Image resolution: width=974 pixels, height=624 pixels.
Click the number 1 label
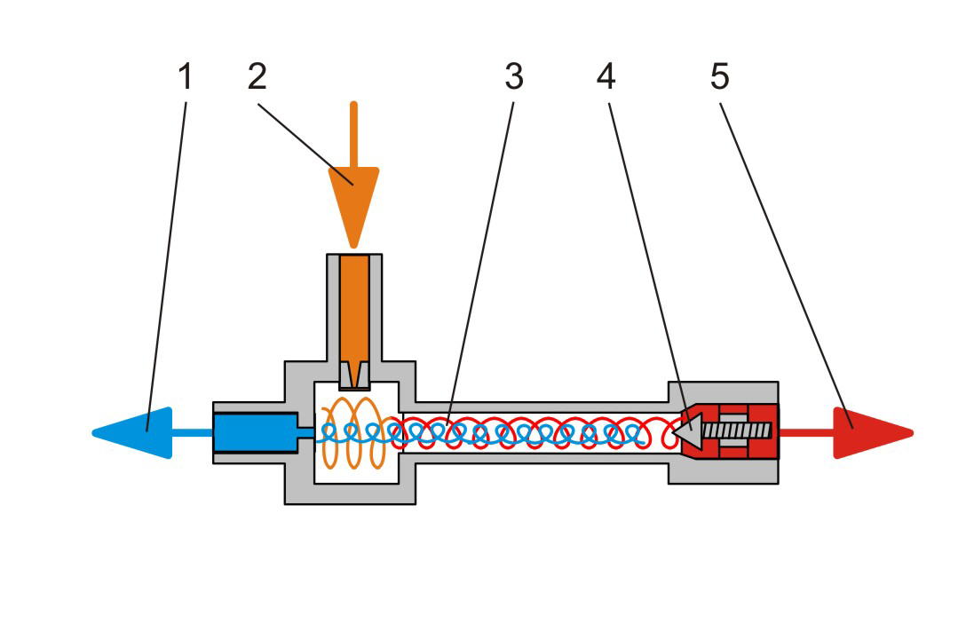pos(185,78)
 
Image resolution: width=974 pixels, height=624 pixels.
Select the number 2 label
pos(257,78)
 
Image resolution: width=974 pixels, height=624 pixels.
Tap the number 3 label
pos(514,78)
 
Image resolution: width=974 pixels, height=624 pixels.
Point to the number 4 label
pos(606,78)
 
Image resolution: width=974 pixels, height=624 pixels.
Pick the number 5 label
pos(719,78)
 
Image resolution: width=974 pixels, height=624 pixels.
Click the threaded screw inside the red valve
pos(737,431)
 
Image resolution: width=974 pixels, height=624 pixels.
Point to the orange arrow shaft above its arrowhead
pos(353,133)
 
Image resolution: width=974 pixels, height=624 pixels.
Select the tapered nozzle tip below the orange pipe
pos(354,375)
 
